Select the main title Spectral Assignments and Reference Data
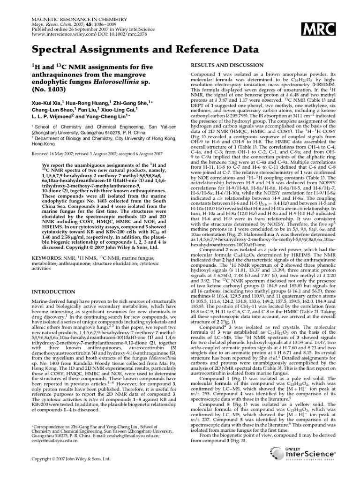click(x=142, y=50)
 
